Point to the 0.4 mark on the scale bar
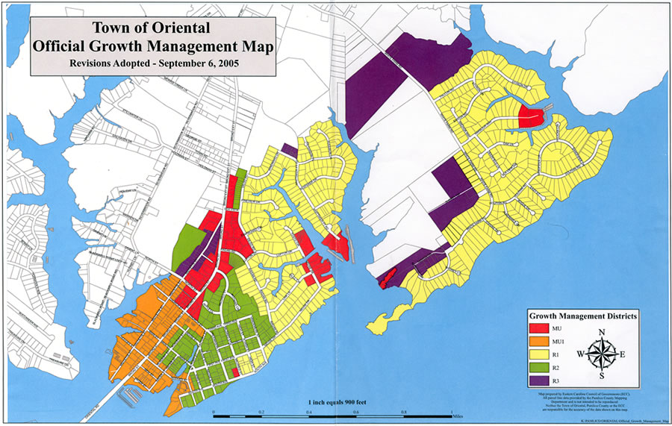[309, 413]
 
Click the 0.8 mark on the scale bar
[404, 413]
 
